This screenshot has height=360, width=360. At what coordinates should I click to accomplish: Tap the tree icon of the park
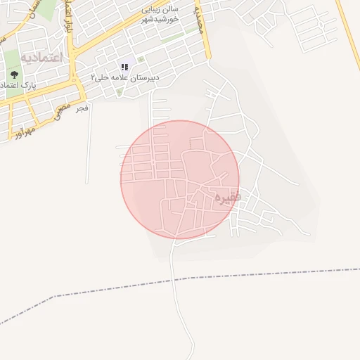point(14,74)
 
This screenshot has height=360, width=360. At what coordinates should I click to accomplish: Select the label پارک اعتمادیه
point(19,85)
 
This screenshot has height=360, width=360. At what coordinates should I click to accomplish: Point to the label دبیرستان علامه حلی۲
point(124,77)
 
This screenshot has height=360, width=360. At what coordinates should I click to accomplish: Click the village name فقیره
point(228,196)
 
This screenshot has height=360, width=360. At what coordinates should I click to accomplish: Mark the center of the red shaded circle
point(180,179)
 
